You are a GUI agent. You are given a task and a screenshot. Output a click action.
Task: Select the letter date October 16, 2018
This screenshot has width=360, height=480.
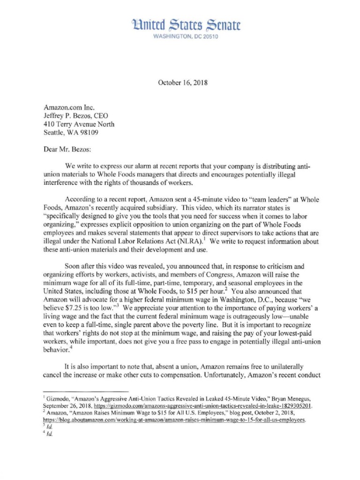pyautogui.click(x=180, y=83)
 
